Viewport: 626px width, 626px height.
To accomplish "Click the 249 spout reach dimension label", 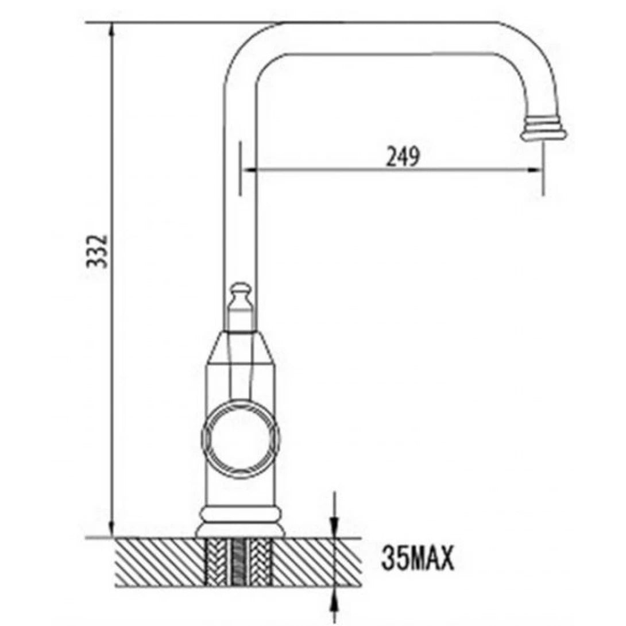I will point(402,156).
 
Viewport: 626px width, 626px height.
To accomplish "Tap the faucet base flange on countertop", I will point(241,521).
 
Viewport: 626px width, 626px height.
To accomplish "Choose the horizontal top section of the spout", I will point(391,38).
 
